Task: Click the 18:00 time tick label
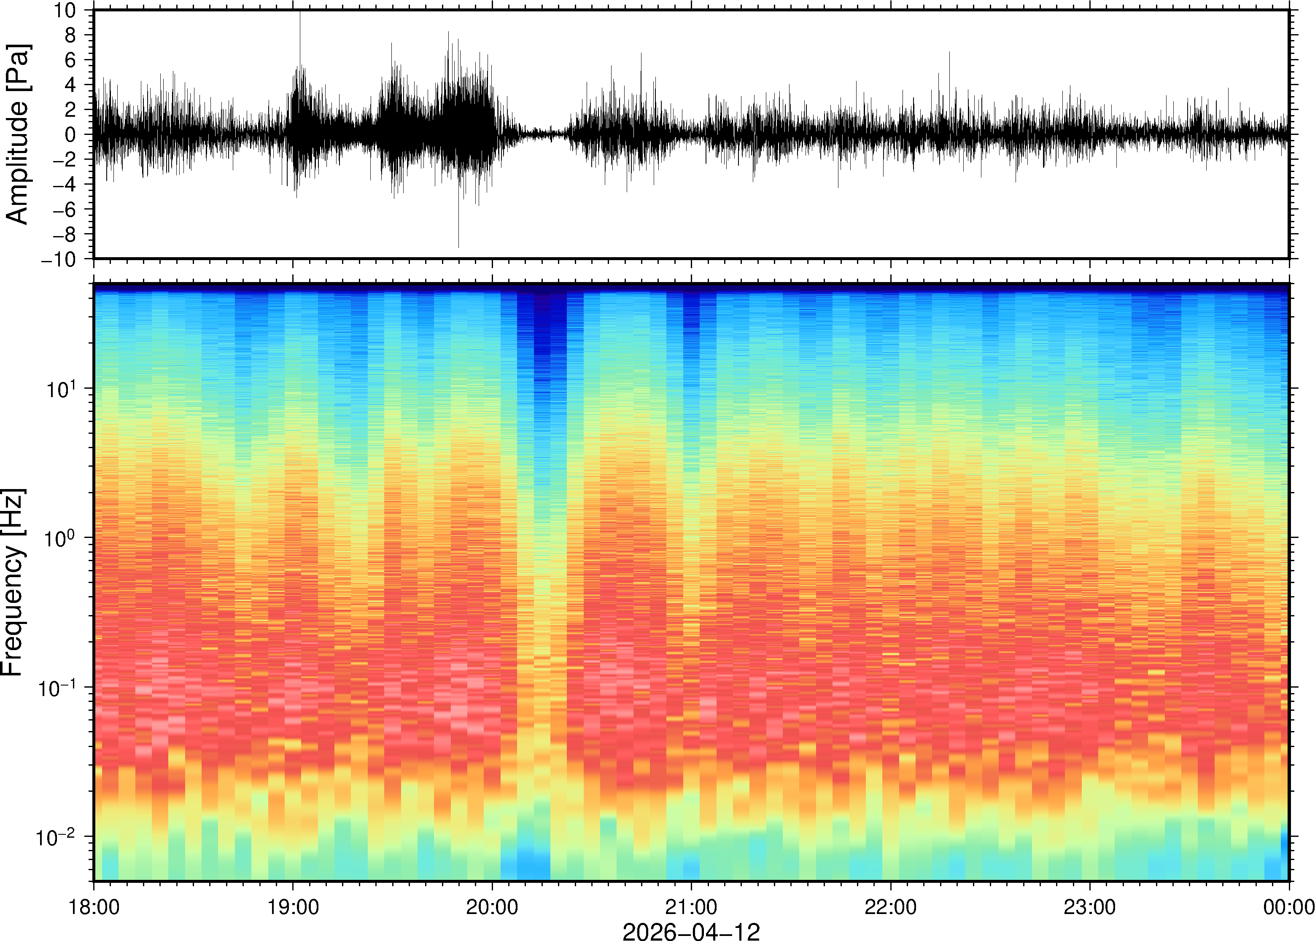pos(94,907)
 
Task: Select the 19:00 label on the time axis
pos(293,907)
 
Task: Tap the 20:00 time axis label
pos(492,907)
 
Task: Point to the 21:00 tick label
pos(691,907)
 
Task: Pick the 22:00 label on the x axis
pos(890,907)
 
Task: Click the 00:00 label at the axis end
pos(1288,907)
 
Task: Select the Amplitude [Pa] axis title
pos(17,134)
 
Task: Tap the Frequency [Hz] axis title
pos(13,582)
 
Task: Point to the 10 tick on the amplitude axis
pos(65,11)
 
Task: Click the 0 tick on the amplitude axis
pos(71,135)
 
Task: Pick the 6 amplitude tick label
pos(71,60)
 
